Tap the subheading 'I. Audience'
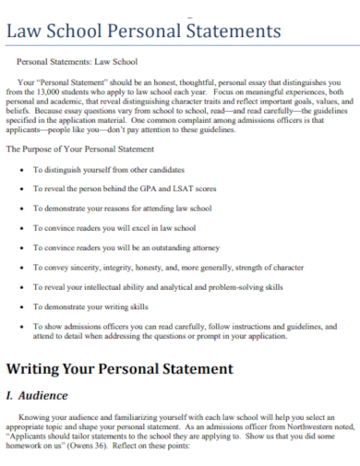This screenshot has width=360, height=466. click(37, 396)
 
